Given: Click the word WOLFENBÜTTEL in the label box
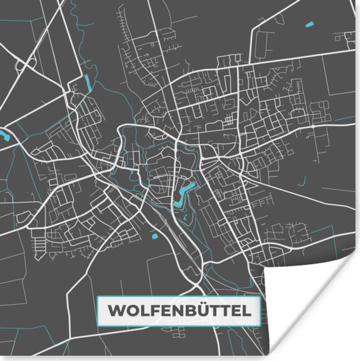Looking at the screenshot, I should pyautogui.click(x=179, y=311).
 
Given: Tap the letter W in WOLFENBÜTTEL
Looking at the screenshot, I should pyautogui.click(x=116, y=311).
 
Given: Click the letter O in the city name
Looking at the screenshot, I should pyautogui.click(x=130, y=311).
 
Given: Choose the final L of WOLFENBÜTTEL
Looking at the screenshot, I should pyautogui.click(x=248, y=311).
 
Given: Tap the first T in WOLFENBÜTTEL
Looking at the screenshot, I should pyautogui.click(x=215, y=311).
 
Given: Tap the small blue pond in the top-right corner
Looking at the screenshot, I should pyautogui.click(x=310, y=24).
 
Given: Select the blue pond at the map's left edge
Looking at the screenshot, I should pyautogui.click(x=5, y=135).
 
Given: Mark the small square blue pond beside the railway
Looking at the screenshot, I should pyautogui.click(x=154, y=236).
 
